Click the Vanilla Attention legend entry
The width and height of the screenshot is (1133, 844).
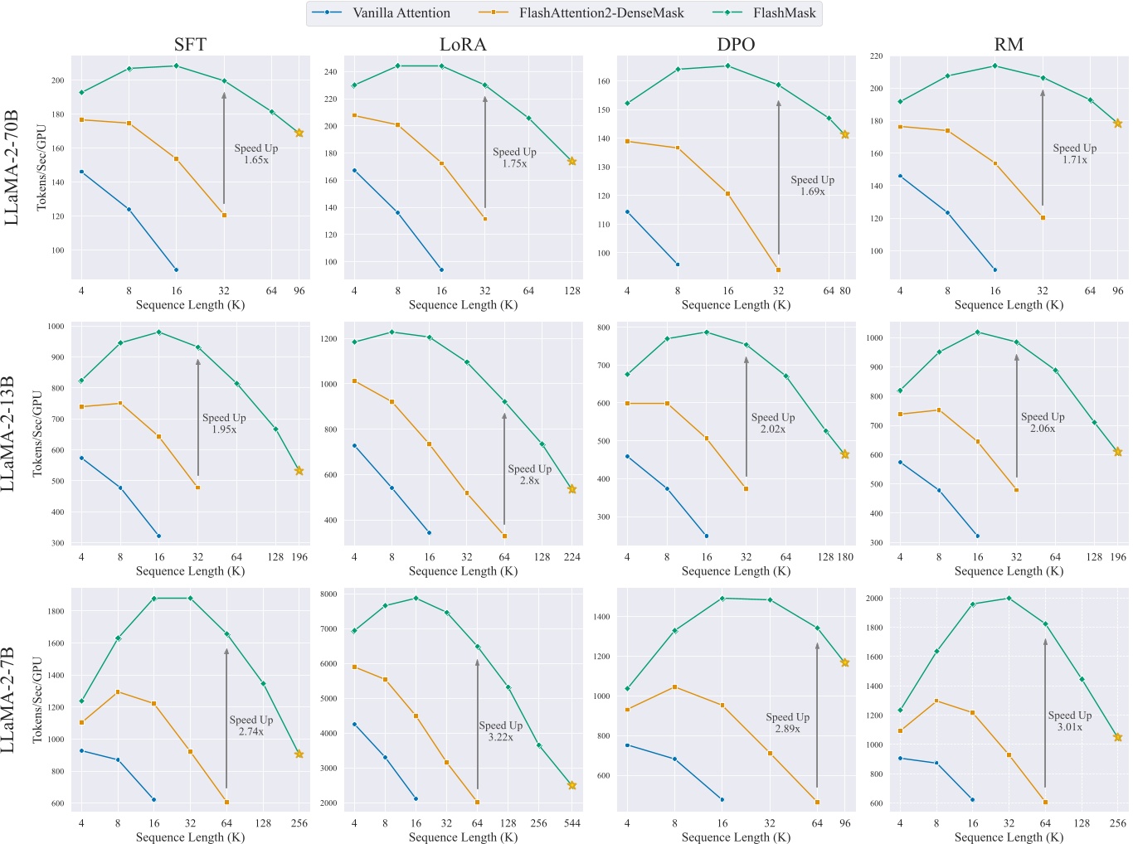pyautogui.click(x=382, y=13)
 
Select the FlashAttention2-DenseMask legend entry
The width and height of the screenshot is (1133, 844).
pyautogui.click(x=581, y=13)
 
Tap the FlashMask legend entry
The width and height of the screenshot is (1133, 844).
pyautogui.click(x=765, y=13)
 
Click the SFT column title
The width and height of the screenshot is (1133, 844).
pyautogui.click(x=190, y=45)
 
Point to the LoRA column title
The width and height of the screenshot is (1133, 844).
pyautogui.click(x=463, y=45)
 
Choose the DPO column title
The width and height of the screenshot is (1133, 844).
pyautogui.click(x=736, y=45)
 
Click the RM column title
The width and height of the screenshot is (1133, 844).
pyautogui.click(x=1009, y=45)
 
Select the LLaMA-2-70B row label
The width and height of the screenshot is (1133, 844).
pyautogui.click(x=11, y=167)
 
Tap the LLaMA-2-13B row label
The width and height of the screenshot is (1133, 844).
pyautogui.click(x=7, y=434)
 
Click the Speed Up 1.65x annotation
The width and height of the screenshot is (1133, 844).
pyautogui.click(x=256, y=153)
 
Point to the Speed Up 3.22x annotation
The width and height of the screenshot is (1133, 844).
pyautogui.click(x=501, y=731)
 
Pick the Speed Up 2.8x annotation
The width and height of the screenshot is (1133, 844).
pyautogui.click(x=530, y=474)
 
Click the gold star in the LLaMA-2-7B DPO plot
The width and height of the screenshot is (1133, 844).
pyautogui.click(x=845, y=662)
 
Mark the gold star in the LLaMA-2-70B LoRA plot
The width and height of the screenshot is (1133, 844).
pyautogui.click(x=572, y=162)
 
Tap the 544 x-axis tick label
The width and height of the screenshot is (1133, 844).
pyautogui.click(x=572, y=822)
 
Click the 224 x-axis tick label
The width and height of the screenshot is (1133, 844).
pyautogui.click(x=572, y=556)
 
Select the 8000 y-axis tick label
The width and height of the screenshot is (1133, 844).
pyautogui.click(x=328, y=594)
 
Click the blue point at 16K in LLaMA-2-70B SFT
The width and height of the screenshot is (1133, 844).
pyautogui.click(x=177, y=269)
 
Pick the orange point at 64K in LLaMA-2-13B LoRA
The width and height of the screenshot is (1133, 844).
pyautogui.click(x=504, y=536)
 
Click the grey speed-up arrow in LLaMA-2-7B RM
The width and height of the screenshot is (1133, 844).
pyautogui.click(x=1045, y=713)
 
